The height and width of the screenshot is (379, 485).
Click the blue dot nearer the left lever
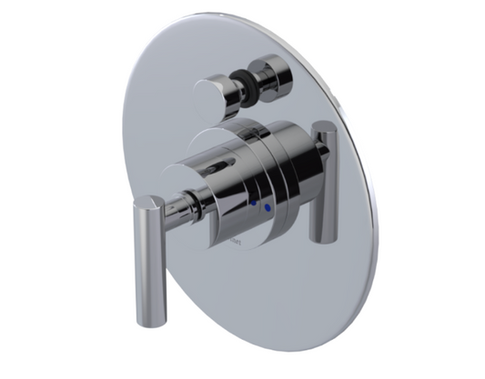click(x=254, y=205)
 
